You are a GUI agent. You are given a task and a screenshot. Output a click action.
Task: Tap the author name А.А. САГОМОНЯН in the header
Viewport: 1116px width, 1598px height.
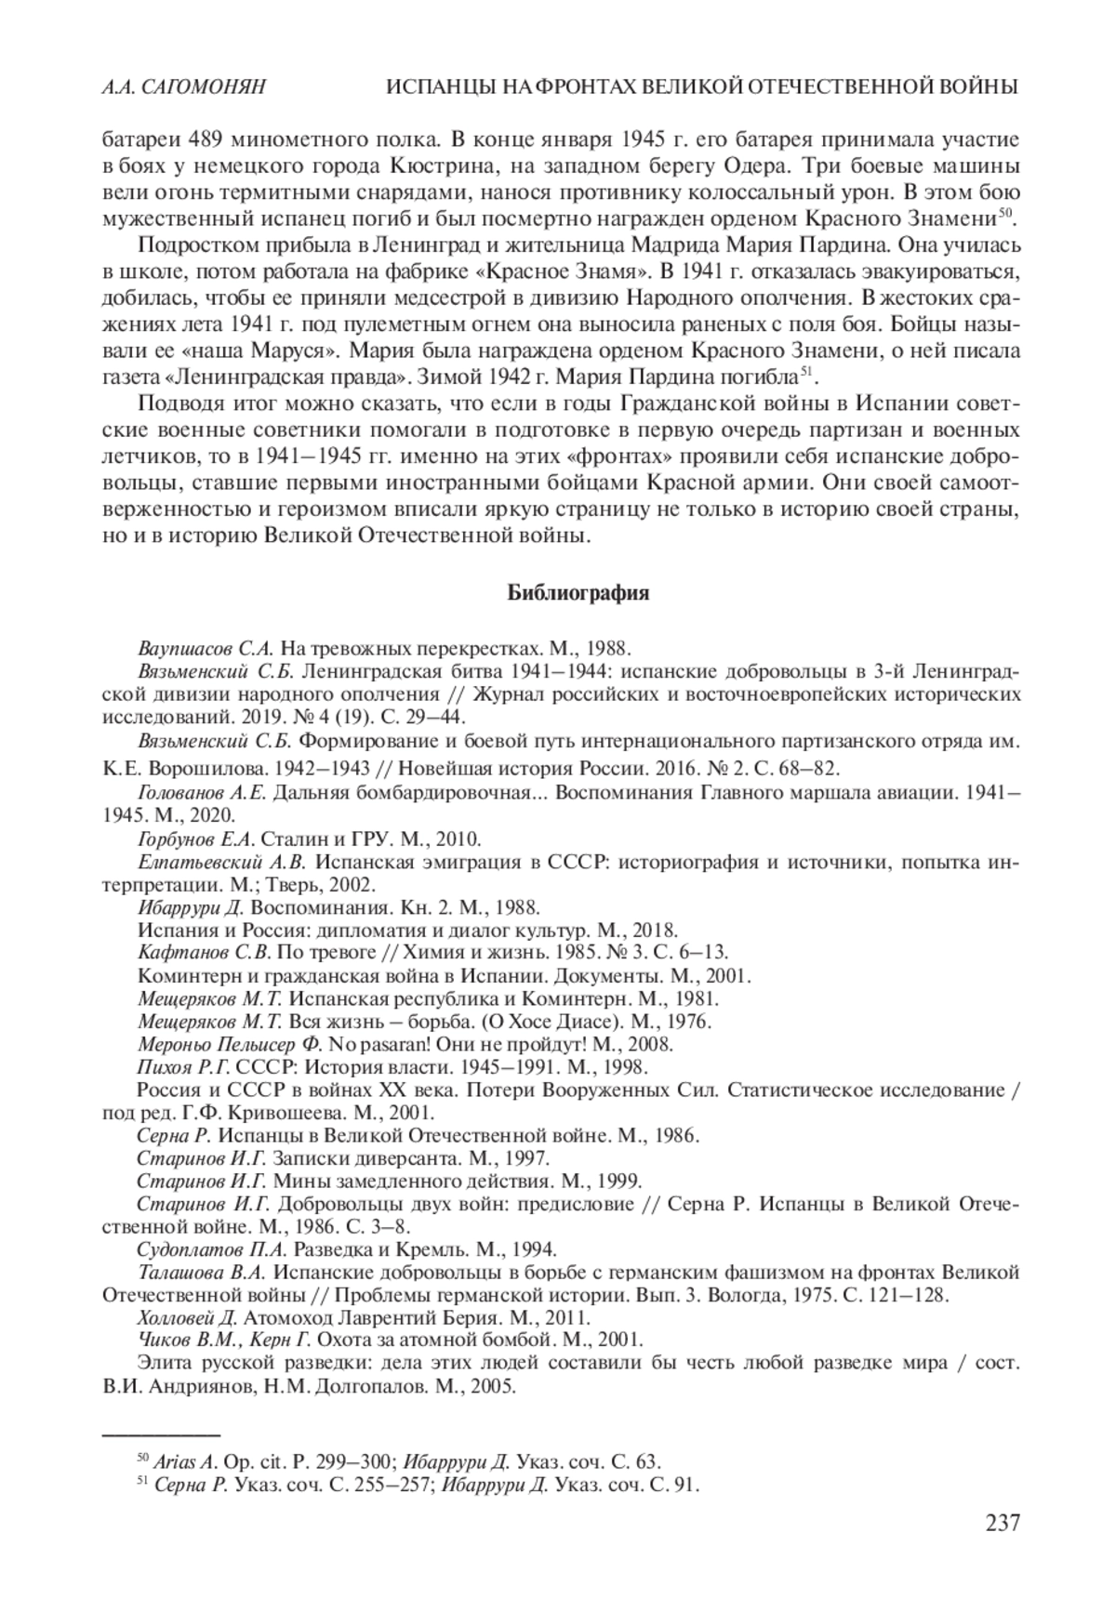(183, 87)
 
